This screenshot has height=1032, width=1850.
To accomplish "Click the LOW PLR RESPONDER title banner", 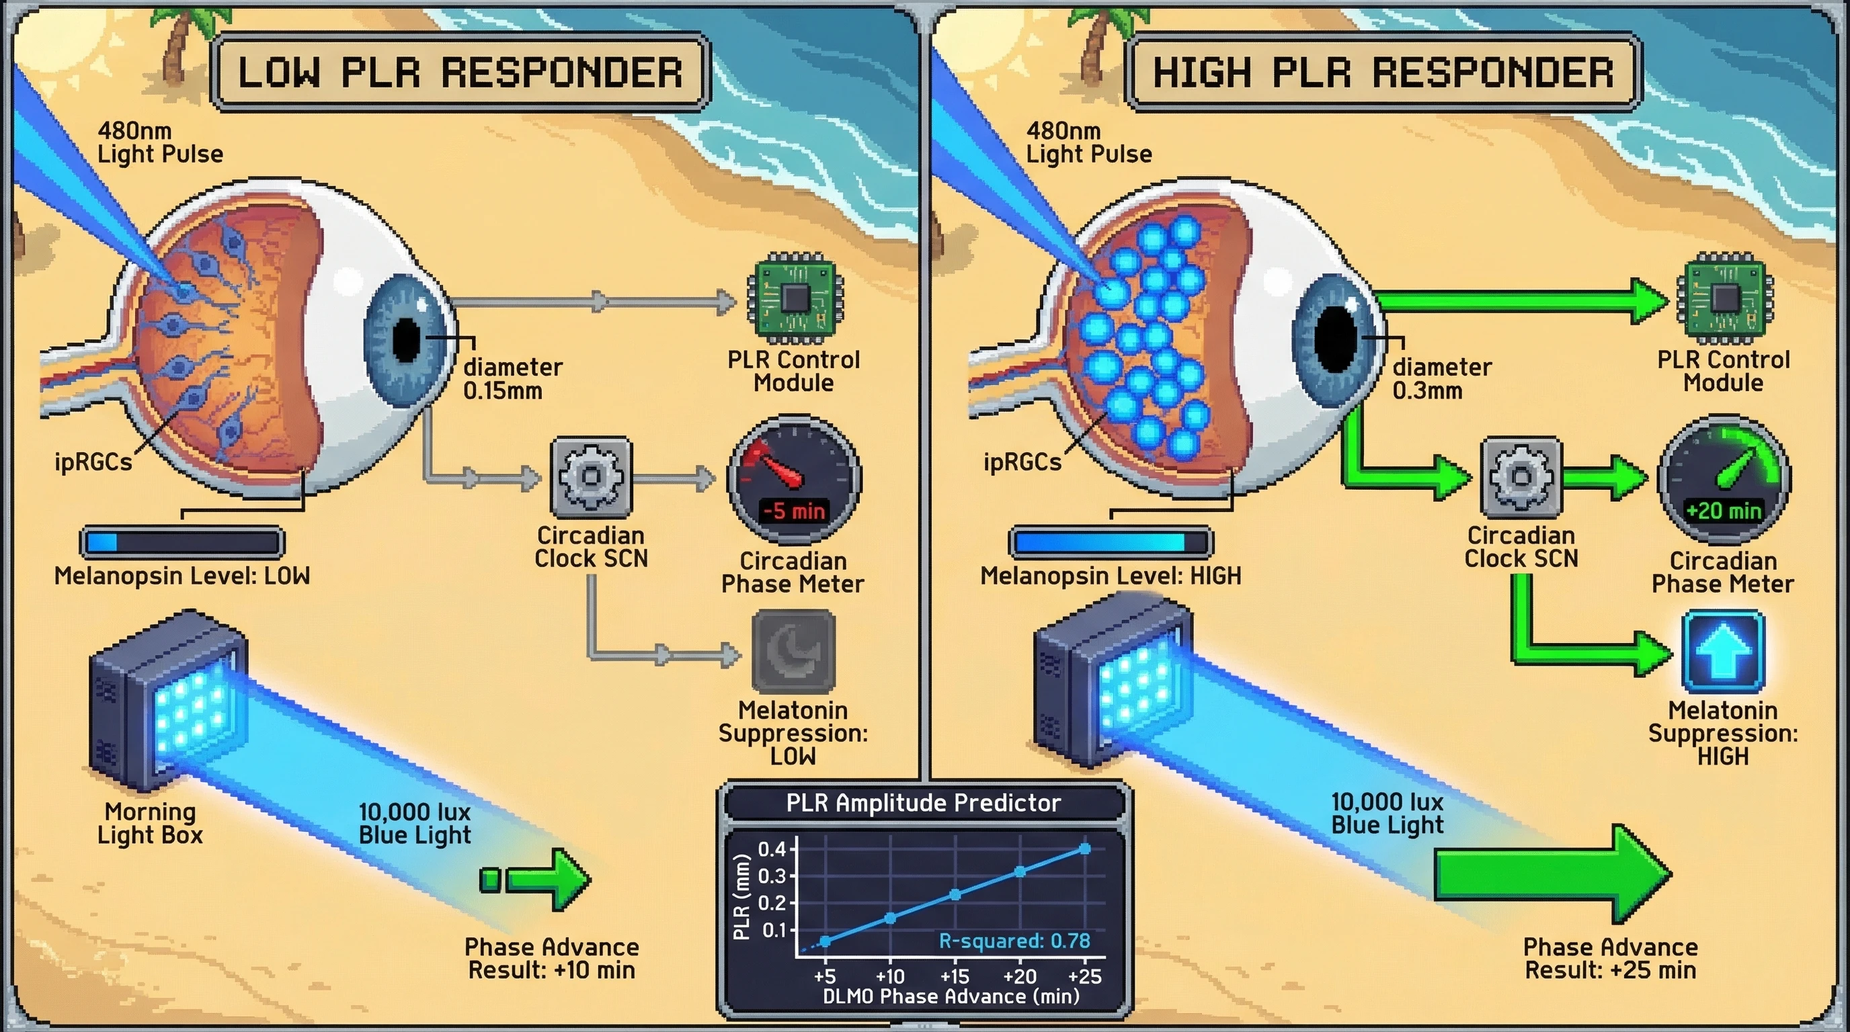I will click(460, 72).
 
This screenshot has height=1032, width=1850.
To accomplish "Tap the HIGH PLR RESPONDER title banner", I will click(1383, 72).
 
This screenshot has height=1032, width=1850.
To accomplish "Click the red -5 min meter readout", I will click(793, 511).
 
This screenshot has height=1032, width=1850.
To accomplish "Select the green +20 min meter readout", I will click(1723, 511).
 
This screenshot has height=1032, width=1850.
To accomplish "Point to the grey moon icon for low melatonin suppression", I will click(793, 652).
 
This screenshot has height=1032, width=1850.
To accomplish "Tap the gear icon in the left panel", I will click(590, 477).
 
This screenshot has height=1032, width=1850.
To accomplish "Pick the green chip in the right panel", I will click(1724, 297).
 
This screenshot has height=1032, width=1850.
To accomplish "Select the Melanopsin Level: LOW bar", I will click(182, 542).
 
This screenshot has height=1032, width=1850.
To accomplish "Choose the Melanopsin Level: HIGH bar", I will click(1111, 542).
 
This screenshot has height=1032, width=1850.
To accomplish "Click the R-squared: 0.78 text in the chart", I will click(1014, 941).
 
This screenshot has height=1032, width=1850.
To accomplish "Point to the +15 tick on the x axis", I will click(955, 976).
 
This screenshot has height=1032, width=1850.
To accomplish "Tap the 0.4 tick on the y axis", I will click(772, 849).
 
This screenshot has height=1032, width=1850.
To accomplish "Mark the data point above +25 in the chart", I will click(1084, 849).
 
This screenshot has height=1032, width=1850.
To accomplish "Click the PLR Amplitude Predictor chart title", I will click(924, 802).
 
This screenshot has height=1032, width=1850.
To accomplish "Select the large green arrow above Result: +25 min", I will click(1552, 873).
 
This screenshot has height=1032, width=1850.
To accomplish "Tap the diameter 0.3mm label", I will click(1441, 379).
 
